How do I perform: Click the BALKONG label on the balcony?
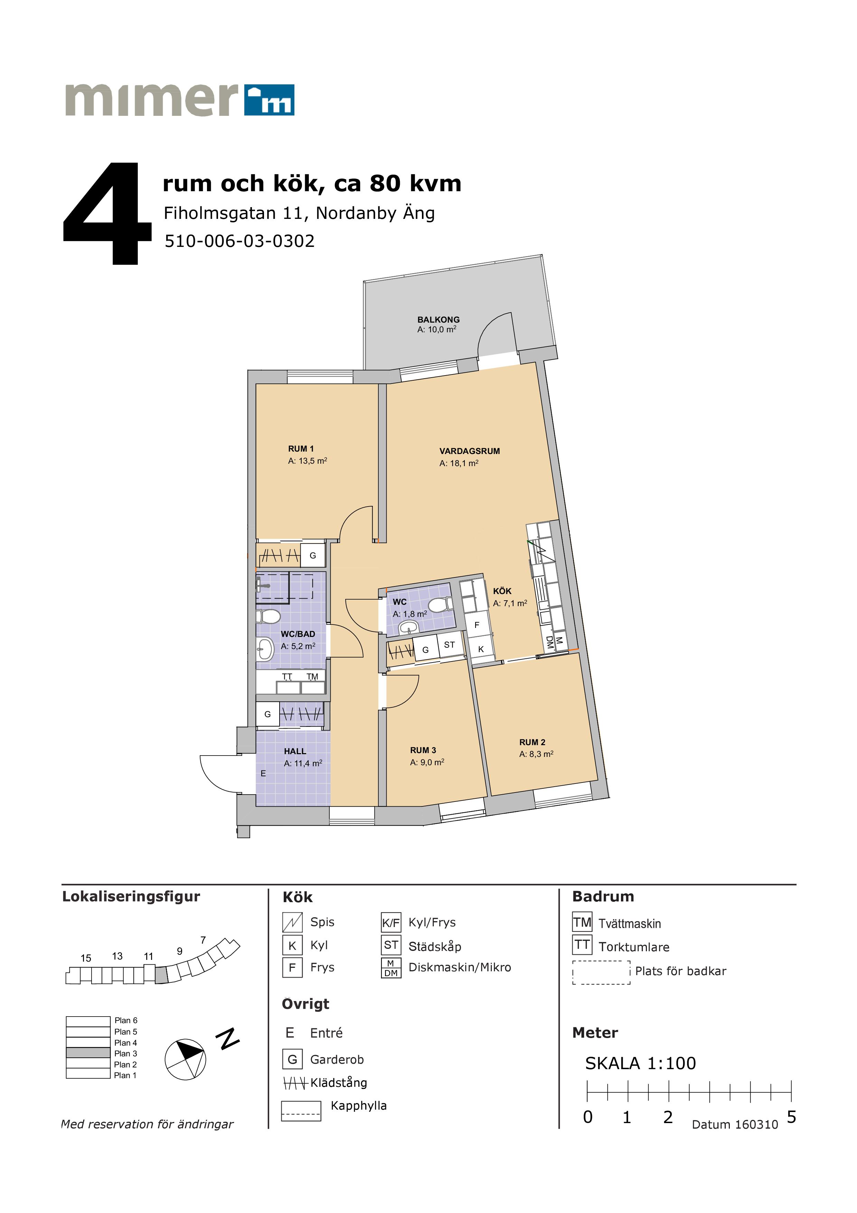click(x=438, y=320)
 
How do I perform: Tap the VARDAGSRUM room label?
click(x=469, y=451)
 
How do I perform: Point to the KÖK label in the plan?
click(x=502, y=591)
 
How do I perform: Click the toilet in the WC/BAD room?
click(x=268, y=616)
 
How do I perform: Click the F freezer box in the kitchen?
click(x=477, y=625)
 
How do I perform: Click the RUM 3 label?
click(x=423, y=750)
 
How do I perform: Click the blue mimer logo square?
click(x=269, y=100)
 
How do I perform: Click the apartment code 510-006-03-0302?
click(x=240, y=241)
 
